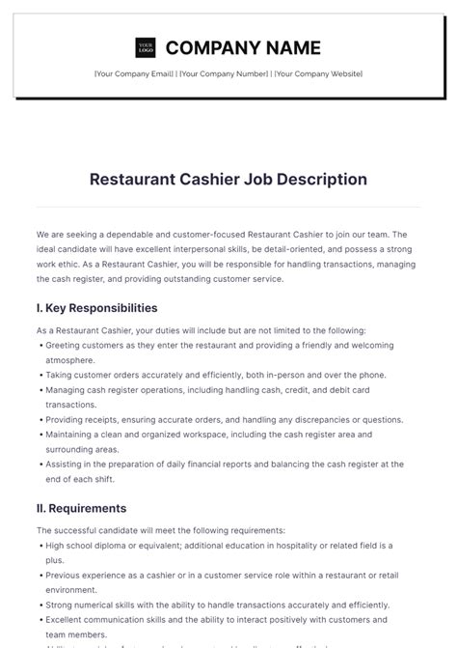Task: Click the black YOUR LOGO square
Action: [x=146, y=47]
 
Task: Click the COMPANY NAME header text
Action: [x=243, y=47]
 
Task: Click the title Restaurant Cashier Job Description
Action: [x=228, y=179]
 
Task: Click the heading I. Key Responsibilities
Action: [x=96, y=308]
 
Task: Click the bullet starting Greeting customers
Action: [x=222, y=345]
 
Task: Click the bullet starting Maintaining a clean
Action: [x=222, y=436]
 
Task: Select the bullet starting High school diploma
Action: [x=222, y=545]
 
